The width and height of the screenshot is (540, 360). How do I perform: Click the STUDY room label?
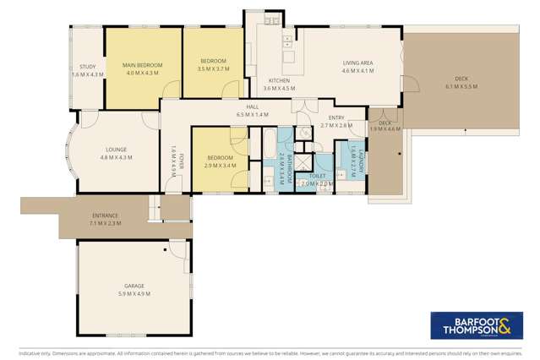click(x=87, y=67)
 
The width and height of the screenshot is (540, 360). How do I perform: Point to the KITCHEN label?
click(x=279, y=80)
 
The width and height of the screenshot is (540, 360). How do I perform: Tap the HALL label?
click(x=252, y=106)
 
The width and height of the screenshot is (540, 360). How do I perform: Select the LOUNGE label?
click(x=116, y=149)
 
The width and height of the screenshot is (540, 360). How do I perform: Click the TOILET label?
click(x=317, y=176)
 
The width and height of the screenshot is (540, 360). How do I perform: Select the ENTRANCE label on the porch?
click(x=105, y=215)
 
